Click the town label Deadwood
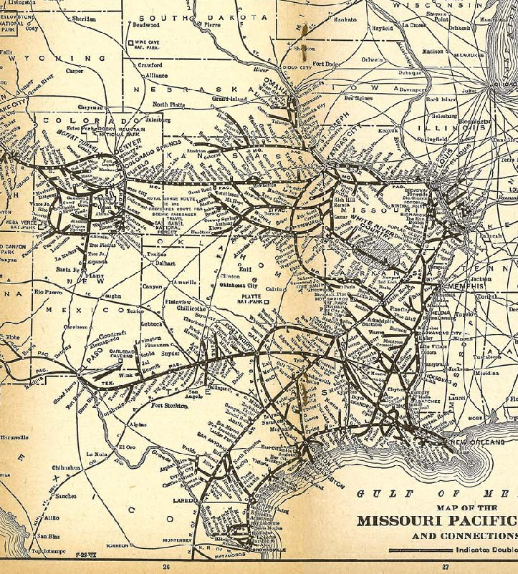(145, 25)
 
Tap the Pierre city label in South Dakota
(213, 24)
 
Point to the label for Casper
(75, 72)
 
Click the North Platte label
(168, 104)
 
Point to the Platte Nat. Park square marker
(266, 302)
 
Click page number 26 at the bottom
(166, 566)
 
